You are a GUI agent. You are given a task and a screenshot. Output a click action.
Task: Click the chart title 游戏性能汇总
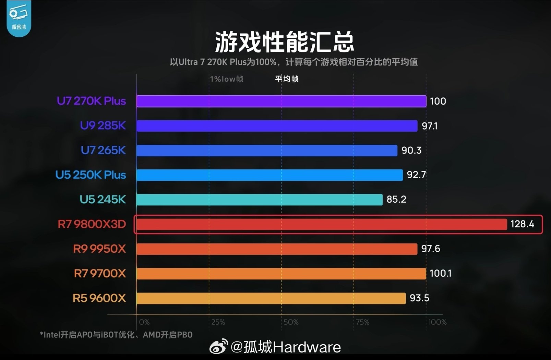(285, 42)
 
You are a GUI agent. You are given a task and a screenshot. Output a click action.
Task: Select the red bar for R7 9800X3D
(322, 224)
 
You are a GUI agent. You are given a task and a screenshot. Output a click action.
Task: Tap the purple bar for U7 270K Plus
(282, 101)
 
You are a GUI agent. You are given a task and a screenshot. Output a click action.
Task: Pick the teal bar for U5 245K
(260, 200)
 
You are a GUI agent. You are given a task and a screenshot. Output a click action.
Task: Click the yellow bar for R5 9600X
(271, 298)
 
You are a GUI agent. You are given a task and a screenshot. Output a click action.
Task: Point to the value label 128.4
(522, 224)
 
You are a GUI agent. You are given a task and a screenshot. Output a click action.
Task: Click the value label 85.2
(396, 199)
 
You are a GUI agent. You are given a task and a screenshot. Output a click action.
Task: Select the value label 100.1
(441, 273)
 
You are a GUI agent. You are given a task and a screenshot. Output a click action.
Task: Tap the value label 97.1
(430, 126)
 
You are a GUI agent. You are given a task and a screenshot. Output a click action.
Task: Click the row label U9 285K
(103, 125)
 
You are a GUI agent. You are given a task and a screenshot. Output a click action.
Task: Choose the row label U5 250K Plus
(91, 175)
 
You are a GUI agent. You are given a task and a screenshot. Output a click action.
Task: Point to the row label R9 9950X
(99, 249)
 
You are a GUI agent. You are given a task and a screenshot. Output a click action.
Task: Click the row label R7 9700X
(100, 273)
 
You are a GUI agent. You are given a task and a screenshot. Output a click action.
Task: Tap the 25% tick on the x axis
(218, 322)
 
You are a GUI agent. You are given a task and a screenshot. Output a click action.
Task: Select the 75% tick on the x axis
(362, 322)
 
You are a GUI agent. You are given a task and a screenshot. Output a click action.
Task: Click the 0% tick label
(144, 322)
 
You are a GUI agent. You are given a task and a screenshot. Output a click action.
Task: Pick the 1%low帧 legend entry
(227, 79)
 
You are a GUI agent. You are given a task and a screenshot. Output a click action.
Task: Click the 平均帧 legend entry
(287, 79)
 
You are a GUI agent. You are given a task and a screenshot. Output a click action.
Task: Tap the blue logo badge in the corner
(19, 19)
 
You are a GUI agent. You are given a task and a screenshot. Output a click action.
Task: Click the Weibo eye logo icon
(218, 346)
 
